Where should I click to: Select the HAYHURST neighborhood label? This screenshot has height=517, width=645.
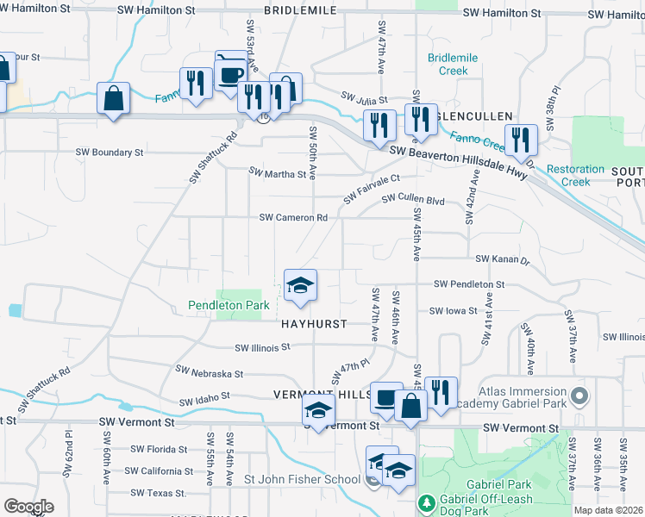(314, 324)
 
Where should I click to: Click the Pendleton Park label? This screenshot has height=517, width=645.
(229, 305)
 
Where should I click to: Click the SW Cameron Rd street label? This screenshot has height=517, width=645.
(294, 218)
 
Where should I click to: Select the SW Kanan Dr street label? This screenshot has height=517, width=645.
(501, 258)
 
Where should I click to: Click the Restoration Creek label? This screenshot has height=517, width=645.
(576, 176)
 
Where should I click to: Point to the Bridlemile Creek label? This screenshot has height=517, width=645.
(454, 65)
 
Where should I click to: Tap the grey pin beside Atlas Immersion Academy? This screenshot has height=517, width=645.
(579, 398)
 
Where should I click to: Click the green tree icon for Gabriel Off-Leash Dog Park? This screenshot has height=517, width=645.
(425, 501)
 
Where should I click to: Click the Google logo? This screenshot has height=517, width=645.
(28, 506)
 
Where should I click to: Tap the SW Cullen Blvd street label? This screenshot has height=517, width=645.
(413, 200)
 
